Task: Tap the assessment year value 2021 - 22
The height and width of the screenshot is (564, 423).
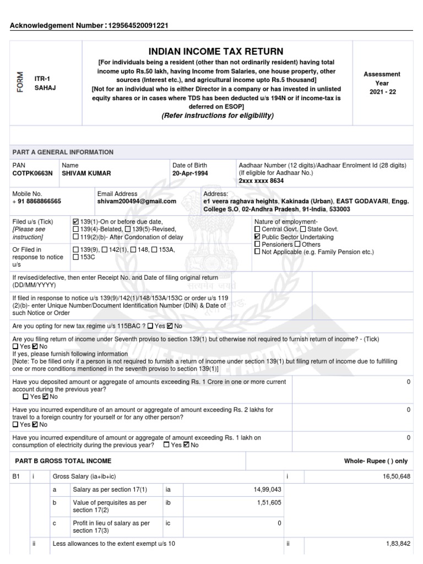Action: click(x=382, y=92)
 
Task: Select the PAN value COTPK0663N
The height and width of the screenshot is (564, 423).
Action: click(x=32, y=173)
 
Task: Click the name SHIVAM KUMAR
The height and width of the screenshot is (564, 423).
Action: click(x=86, y=173)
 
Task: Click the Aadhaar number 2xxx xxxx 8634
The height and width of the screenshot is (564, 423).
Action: click(x=261, y=181)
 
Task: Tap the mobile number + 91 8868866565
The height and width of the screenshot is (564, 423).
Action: click(x=37, y=202)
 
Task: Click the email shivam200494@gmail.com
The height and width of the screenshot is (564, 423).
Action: click(x=137, y=202)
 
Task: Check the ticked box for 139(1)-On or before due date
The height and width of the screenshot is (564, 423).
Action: click(x=75, y=221)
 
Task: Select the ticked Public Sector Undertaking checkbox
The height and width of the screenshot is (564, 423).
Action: click(x=257, y=237)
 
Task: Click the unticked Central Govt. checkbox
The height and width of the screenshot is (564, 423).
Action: click(x=257, y=229)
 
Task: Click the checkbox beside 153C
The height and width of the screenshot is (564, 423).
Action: click(x=75, y=257)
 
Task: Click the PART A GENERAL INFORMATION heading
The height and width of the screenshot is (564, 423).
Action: click(x=63, y=152)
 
